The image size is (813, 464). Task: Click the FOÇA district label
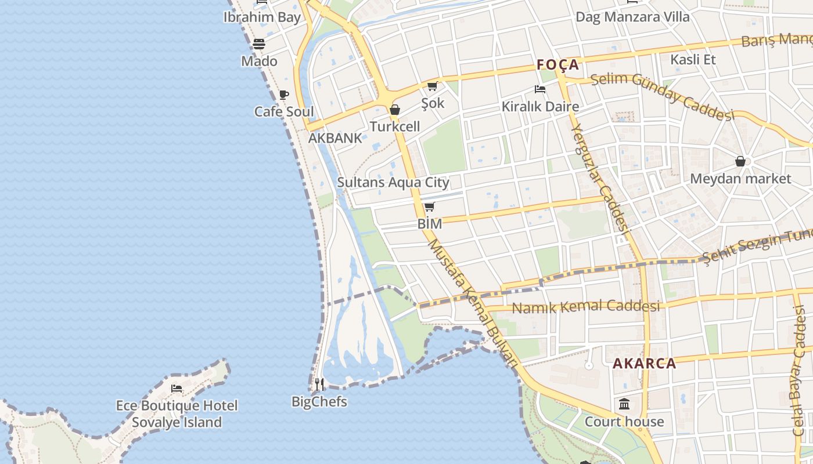click(x=558, y=64)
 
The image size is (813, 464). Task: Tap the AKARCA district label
click(x=645, y=364)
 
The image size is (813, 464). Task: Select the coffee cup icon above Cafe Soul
click(x=283, y=95)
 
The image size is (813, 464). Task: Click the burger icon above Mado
click(x=259, y=44)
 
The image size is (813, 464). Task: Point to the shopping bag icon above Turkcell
click(x=395, y=110)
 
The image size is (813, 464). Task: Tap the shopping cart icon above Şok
click(x=432, y=86)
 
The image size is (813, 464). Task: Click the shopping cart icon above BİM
click(x=429, y=207)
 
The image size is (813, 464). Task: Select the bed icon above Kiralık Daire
click(x=540, y=89)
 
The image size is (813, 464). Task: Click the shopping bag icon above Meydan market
click(x=740, y=161)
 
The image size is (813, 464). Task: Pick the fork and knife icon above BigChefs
click(x=319, y=384)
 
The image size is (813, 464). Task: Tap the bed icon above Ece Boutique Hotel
click(x=177, y=388)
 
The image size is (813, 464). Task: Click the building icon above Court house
click(x=624, y=404)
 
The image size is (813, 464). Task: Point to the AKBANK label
click(x=334, y=138)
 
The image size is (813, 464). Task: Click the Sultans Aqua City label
click(x=393, y=182)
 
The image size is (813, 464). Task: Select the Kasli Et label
click(x=693, y=59)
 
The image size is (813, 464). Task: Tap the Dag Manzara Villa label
click(x=632, y=17)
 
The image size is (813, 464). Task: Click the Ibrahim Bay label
click(x=262, y=17)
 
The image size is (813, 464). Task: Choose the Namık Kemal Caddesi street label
click(x=585, y=306)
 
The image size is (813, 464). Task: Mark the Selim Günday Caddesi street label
click(x=662, y=96)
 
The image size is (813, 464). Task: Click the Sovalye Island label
click(x=177, y=422)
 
